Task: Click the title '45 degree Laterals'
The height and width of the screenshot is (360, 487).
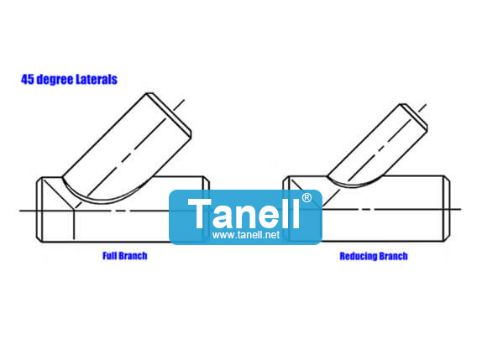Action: click(69, 80)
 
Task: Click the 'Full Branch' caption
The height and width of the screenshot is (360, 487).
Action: click(125, 256)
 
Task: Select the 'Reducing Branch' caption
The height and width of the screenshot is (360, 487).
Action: click(374, 256)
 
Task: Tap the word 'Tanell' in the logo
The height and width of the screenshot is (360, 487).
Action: click(243, 213)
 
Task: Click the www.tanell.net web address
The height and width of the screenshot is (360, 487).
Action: click(246, 235)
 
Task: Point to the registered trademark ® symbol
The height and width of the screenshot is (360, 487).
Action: click(306, 198)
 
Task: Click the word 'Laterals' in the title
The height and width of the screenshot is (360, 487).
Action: click(97, 80)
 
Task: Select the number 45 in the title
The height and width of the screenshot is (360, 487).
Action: click(28, 80)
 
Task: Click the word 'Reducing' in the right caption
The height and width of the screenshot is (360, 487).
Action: click(358, 256)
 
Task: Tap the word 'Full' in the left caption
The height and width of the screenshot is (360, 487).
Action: click(109, 256)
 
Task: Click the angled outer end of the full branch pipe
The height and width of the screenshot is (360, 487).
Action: click(170, 113)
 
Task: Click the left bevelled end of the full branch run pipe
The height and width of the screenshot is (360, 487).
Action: click(39, 210)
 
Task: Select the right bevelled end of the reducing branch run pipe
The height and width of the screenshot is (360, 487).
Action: click(447, 208)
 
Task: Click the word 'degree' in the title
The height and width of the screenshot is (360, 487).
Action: click(55, 80)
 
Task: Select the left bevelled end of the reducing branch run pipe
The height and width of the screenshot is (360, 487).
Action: click(286, 208)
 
